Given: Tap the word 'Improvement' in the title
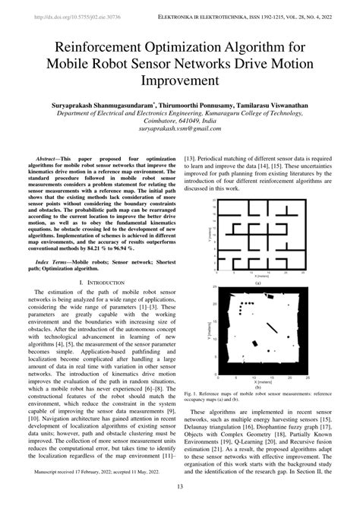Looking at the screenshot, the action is pos(180,79).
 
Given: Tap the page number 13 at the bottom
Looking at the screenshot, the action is pos(180,487).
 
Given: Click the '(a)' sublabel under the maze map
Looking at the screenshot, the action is pos(257,283).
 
